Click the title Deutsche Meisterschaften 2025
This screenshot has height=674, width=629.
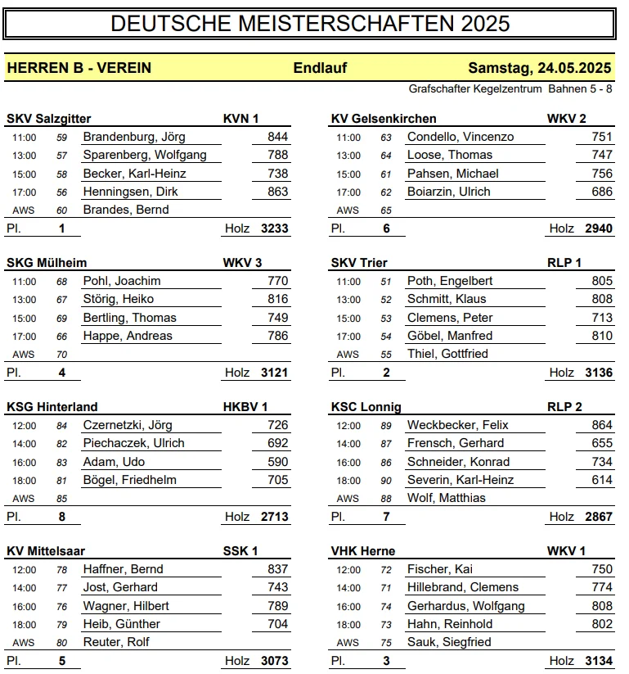(x=310, y=24)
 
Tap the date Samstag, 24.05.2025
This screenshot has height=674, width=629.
(x=540, y=68)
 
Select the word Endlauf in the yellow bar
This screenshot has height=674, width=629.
(x=320, y=68)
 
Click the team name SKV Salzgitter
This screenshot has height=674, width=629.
(x=49, y=119)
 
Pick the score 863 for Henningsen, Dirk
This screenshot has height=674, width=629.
(x=277, y=192)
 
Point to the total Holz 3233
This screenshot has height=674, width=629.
(x=274, y=228)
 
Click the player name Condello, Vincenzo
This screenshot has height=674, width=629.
(x=461, y=137)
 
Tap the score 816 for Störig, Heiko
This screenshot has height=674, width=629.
(x=277, y=299)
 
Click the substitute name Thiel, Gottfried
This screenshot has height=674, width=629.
(x=447, y=354)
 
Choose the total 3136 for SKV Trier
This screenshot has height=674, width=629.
(x=599, y=373)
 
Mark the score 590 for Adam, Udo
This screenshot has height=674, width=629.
(x=277, y=462)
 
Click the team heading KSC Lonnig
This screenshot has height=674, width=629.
(x=366, y=407)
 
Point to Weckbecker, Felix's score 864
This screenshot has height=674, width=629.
(x=601, y=425)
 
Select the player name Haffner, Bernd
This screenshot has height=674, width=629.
(x=124, y=569)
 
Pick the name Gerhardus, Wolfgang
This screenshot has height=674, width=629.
(x=465, y=606)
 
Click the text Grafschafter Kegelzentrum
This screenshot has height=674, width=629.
(x=475, y=88)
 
